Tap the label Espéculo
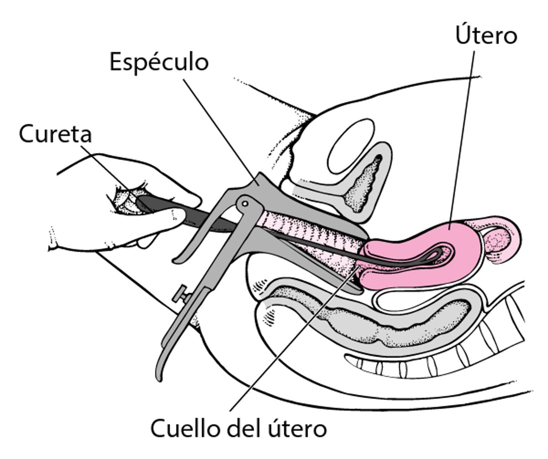tap(158, 62)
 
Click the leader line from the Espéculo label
tap(219, 128)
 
